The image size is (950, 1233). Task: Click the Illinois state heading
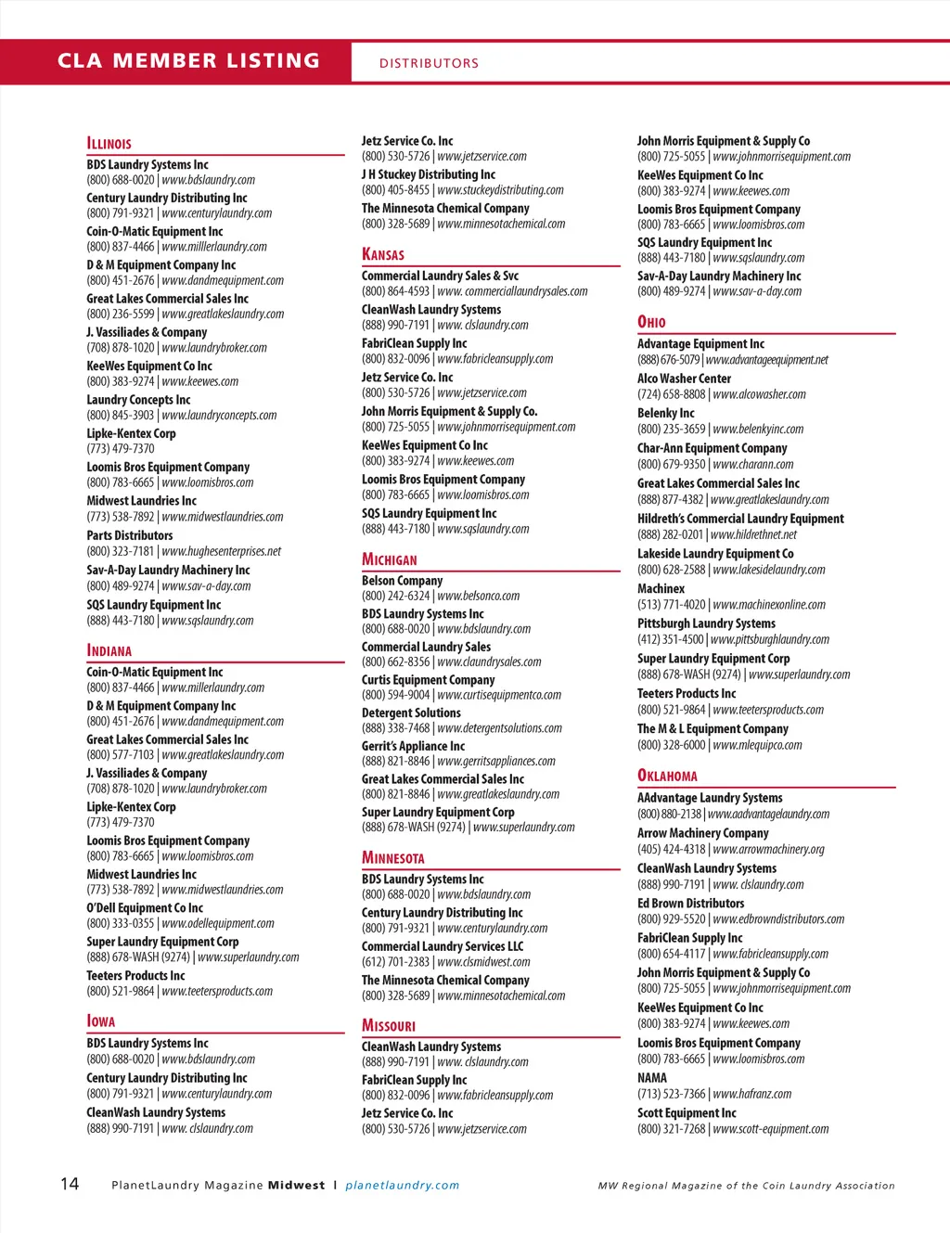tap(109, 144)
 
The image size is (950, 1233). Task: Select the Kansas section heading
tap(382, 254)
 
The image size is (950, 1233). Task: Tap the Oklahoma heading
tap(667, 776)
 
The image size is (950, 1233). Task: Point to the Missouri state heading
tap(388, 1025)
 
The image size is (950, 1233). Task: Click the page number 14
tap(70, 1183)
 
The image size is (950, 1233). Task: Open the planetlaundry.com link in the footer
tap(402, 1185)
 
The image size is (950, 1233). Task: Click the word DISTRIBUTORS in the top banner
tap(429, 63)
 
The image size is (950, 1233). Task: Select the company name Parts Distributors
tap(130, 535)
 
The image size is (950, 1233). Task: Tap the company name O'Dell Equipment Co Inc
tap(145, 907)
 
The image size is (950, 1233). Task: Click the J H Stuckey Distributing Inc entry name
tap(428, 174)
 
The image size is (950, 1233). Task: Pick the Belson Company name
tap(402, 580)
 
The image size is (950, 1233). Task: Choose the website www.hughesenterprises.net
tap(221, 551)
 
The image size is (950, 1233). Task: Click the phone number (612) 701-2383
tap(395, 962)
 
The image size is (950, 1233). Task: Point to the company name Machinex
tap(661, 588)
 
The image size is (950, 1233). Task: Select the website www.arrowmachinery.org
tap(768, 849)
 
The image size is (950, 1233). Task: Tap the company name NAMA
tap(651, 1077)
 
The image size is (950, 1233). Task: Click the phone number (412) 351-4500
tap(670, 639)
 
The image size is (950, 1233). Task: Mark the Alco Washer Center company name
tap(684, 379)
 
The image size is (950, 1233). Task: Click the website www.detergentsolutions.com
tap(499, 728)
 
